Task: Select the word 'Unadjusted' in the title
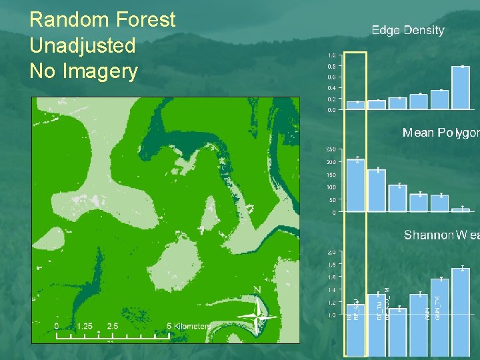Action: pyautogui.click(x=83, y=46)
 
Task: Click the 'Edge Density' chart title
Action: pyautogui.click(x=408, y=30)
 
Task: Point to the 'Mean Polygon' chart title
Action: pyautogui.click(x=440, y=133)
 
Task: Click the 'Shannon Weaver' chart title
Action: pyautogui.click(x=441, y=235)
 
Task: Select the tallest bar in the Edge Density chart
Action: pyautogui.click(x=461, y=87)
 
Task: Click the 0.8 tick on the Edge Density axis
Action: pyautogui.click(x=331, y=67)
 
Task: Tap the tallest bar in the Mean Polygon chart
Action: pyautogui.click(x=357, y=185)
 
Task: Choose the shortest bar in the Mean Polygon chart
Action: pyautogui.click(x=461, y=210)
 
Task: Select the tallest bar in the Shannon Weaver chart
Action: pyautogui.click(x=461, y=310)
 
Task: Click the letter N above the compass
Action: pyautogui.click(x=257, y=290)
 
